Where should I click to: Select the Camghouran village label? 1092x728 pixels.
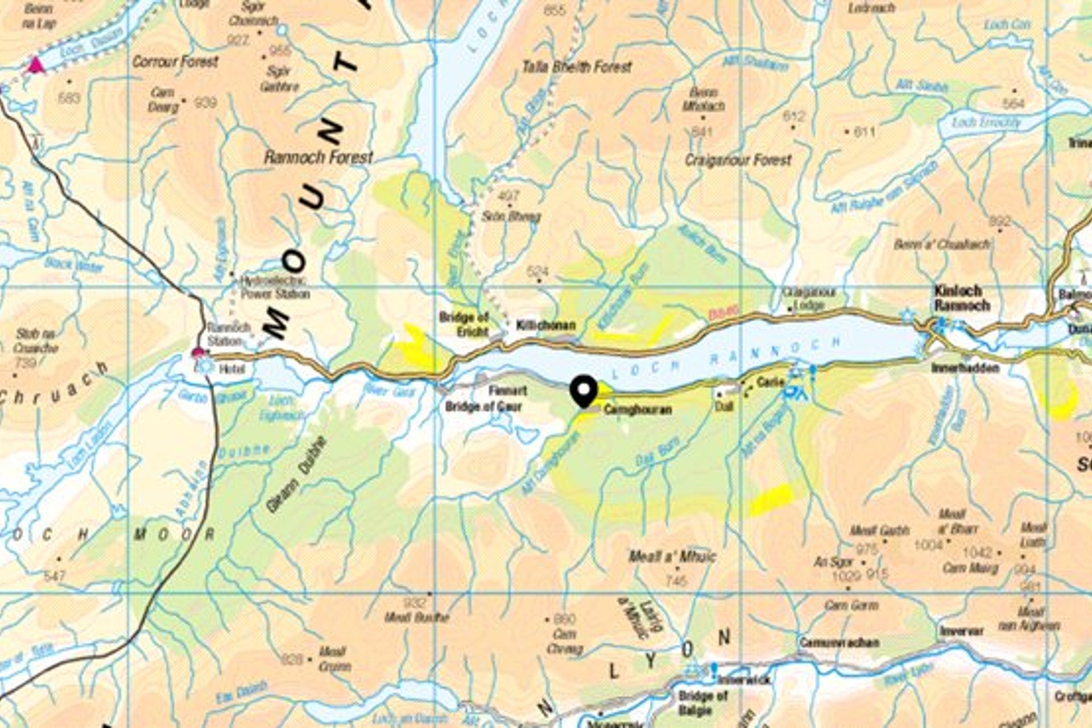pyautogui.click(x=638, y=409)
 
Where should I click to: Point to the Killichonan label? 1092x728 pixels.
pyautogui.click(x=545, y=326)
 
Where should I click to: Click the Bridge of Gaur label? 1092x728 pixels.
pyautogui.click(x=483, y=407)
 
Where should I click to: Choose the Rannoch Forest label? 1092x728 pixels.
pyautogui.click(x=318, y=158)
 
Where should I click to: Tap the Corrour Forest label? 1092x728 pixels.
pyautogui.click(x=175, y=61)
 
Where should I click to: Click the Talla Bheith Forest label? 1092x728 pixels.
pyautogui.click(x=577, y=67)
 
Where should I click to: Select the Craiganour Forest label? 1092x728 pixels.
pyautogui.click(x=738, y=160)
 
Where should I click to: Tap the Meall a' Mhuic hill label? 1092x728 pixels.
pyautogui.click(x=672, y=556)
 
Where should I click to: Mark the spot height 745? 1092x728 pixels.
pyautogui.click(x=676, y=581)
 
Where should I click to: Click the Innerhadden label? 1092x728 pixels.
pyautogui.click(x=965, y=368)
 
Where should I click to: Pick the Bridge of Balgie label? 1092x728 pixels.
pyautogui.click(x=703, y=703)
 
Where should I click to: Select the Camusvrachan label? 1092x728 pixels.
pyautogui.click(x=839, y=643)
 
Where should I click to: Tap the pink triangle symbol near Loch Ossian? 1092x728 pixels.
pyautogui.click(x=36, y=65)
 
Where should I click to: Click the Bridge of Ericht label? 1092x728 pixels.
pyautogui.click(x=464, y=324)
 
